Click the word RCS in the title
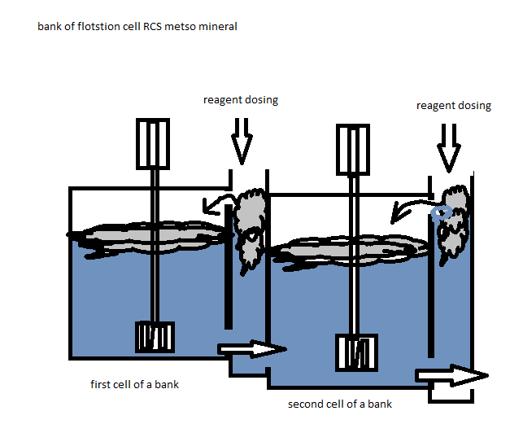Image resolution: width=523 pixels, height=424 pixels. pos(149,27)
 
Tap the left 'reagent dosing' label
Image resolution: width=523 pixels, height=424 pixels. pos(241,100)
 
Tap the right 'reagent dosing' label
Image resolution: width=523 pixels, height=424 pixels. pos(454,106)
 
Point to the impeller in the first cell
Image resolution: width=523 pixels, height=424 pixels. pos(154,337)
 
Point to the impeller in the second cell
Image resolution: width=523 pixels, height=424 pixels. pos(355,351)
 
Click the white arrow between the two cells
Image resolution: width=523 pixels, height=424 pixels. pos(252,350)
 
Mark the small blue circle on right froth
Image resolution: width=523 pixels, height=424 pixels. pos(442,212)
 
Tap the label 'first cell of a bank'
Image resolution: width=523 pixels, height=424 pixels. pos(134,384)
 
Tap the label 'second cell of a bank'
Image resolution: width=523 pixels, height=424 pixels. pos(340,404)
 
